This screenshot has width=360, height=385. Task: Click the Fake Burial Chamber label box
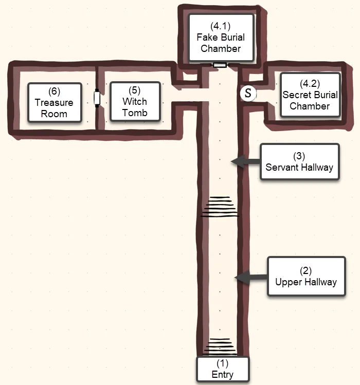point(221,38)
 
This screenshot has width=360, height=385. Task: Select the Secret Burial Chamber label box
point(310,95)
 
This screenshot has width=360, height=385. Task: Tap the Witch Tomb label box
point(135,102)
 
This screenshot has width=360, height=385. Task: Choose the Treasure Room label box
point(55,103)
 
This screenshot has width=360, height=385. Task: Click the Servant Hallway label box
point(300,162)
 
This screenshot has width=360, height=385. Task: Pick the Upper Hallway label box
point(307,277)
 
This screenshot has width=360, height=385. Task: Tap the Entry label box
point(223,369)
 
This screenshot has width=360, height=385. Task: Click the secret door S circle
point(248,94)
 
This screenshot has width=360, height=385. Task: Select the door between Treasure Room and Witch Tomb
point(97,98)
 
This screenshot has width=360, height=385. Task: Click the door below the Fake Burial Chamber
point(220,65)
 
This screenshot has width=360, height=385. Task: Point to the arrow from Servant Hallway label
point(246,161)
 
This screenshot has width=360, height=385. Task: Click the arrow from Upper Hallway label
point(251,278)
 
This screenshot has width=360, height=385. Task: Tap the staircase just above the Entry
point(220,346)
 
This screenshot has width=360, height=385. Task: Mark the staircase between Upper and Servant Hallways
point(220,207)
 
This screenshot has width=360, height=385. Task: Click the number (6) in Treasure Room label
point(54,91)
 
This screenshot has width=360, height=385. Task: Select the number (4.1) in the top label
point(221,26)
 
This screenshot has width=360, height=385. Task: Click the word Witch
point(135,101)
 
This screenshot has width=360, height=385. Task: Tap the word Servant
point(282,167)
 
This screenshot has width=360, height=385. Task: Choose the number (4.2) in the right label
point(310,83)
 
